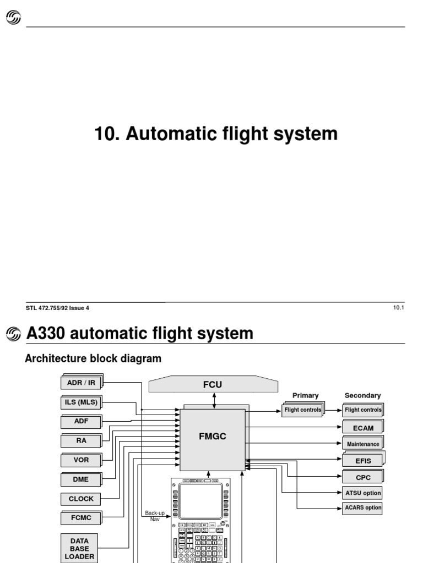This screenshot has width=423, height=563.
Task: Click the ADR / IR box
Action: point(81,383)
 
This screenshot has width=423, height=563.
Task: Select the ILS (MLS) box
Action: point(81,402)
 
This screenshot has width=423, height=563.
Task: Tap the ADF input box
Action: point(81,422)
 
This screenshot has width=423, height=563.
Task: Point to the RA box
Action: point(81,440)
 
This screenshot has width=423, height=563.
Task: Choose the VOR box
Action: point(81,460)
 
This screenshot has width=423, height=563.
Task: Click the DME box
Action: point(81,479)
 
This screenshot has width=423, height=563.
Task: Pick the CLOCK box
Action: point(81,499)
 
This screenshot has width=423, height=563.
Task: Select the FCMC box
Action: point(81,517)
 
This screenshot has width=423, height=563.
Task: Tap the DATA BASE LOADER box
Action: point(79,548)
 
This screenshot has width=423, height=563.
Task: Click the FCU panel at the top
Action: point(212,385)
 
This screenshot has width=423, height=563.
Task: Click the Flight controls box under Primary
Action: point(302,410)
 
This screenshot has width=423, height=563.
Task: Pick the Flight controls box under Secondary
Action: point(362,410)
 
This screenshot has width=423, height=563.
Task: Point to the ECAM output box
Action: point(362,428)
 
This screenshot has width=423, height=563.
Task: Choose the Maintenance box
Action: point(362,444)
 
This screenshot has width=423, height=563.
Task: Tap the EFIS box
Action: point(362,461)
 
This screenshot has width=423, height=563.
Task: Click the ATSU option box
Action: point(362,493)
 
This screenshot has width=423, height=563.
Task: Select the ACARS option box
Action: point(362,507)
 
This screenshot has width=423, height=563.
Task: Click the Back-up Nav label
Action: point(155,516)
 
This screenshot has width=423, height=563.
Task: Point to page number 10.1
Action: point(399,308)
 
